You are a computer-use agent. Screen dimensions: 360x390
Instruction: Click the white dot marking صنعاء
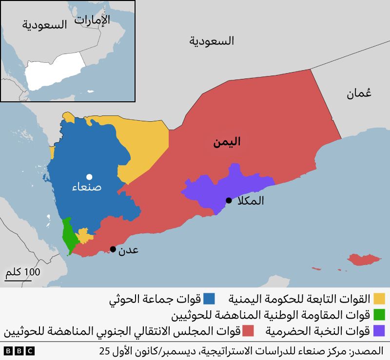[x=89, y=177]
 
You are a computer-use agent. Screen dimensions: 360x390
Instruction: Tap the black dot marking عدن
[x=113, y=249]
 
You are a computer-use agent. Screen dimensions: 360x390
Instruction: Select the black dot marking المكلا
[x=229, y=200]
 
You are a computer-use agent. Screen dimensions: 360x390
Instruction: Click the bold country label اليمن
[x=227, y=142]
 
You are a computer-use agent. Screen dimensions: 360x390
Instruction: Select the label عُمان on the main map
[x=359, y=94]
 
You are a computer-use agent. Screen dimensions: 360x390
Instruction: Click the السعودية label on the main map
[x=212, y=41]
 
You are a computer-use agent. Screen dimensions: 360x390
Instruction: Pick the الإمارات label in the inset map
[x=92, y=19]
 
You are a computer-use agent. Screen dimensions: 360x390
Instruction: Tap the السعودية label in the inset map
[x=44, y=25]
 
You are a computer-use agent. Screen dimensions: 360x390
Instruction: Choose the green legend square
[x=379, y=315]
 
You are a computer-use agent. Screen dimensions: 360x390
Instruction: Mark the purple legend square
[x=379, y=331]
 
